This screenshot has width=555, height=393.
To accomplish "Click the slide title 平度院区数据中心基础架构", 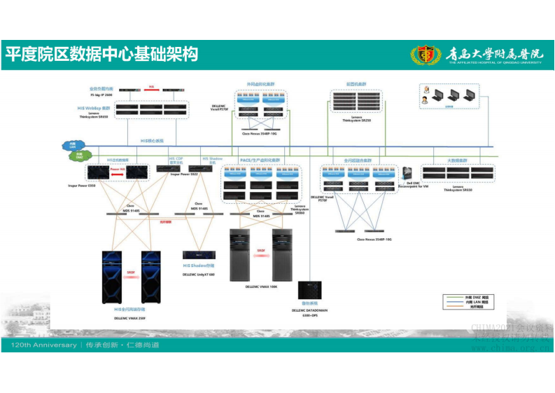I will click(x=101, y=55).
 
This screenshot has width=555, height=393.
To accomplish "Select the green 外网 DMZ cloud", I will click(x=79, y=156).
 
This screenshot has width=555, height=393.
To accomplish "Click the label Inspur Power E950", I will click(x=82, y=186).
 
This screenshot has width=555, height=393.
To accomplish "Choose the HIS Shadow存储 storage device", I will click(x=199, y=256).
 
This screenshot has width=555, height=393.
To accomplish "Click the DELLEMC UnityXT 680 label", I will click(x=199, y=275).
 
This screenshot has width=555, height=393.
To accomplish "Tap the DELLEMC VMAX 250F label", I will click(x=130, y=318).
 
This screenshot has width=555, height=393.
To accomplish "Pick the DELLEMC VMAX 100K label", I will click(x=261, y=287).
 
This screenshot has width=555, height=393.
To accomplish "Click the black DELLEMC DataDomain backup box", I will click(x=309, y=291).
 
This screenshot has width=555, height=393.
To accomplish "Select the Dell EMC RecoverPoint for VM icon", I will click(x=408, y=172).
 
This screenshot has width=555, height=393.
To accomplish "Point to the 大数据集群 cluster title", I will click(x=457, y=160).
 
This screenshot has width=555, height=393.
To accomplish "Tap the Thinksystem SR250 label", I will click(x=357, y=120).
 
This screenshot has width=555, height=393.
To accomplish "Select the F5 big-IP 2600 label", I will click(x=101, y=94).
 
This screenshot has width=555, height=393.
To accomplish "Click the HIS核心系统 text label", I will click(x=152, y=141).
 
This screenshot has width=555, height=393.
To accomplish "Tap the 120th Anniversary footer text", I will click(x=43, y=345).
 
